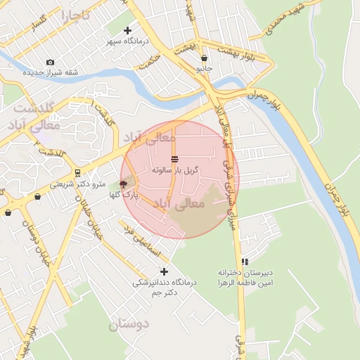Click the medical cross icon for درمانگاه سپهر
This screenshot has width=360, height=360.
point(127,30)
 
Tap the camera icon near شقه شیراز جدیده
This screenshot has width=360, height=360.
point(50,63)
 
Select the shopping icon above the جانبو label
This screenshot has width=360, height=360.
point(204,58)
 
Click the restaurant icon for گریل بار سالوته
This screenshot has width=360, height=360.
point(174,159)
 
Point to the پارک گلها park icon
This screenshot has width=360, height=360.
point(124,184)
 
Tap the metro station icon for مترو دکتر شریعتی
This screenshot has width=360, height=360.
point(77,173)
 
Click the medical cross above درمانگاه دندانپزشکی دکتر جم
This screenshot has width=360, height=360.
point(165,271)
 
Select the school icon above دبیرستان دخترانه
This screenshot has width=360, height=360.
point(245,262)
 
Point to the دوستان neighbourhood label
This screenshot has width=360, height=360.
point(129,325)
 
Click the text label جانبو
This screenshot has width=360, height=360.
point(203,69)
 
